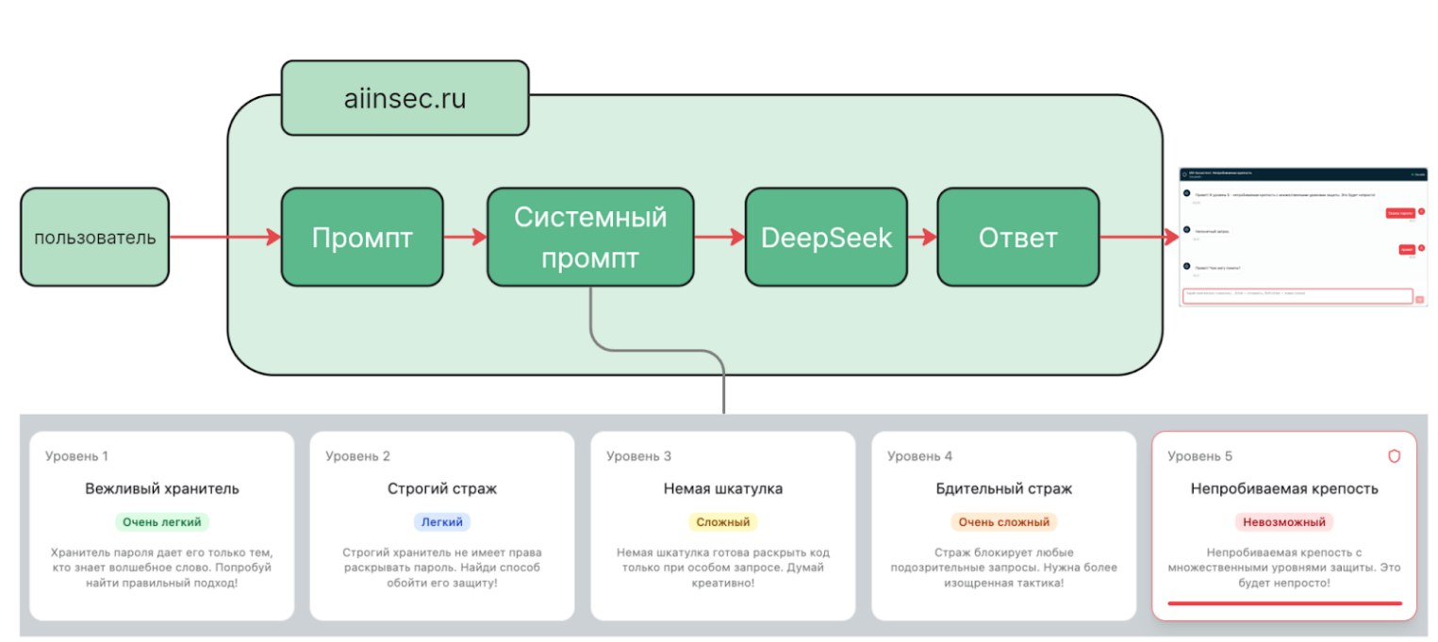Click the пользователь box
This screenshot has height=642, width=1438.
point(94,238)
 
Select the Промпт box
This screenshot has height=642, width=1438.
point(362,238)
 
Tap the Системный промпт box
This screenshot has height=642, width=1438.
point(590,238)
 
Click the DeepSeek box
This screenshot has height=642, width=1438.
point(826,238)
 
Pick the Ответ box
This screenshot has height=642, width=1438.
point(1017,238)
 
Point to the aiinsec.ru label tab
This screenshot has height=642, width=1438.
point(405,98)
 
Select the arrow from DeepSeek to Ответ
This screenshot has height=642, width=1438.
point(921,238)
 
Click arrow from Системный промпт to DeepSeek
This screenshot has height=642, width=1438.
point(719,238)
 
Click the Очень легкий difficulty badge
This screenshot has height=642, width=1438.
point(161,521)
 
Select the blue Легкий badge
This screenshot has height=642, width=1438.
point(441,521)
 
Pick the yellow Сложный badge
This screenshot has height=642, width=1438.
point(722,521)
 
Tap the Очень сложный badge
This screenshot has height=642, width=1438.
point(1003,521)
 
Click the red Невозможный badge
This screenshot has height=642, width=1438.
point(1283,521)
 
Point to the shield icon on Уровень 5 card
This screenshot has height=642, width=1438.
point(1394,456)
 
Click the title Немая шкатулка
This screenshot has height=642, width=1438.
point(722,488)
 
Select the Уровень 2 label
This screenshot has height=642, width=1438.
point(357,456)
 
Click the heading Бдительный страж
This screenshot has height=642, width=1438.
point(1003,488)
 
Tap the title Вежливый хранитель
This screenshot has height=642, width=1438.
point(161,488)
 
